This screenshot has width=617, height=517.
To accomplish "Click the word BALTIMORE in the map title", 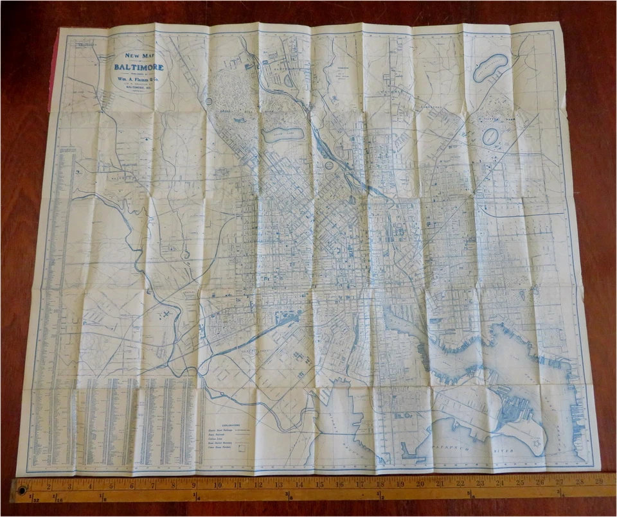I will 139,67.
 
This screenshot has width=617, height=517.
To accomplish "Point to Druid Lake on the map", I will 282,135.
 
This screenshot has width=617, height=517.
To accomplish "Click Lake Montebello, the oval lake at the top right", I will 490,67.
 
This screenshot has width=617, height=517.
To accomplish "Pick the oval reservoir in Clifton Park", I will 490,137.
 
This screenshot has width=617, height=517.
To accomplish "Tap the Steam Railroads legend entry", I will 221,436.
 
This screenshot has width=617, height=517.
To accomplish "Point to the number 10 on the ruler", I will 219,484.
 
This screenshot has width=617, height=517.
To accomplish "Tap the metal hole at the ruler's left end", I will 23,491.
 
